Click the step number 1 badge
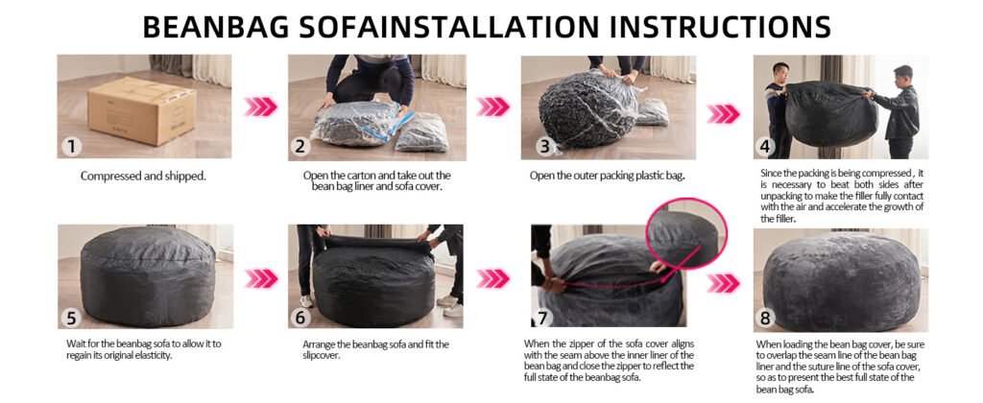click(71, 147)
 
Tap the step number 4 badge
click(765, 148)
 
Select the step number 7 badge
click(542, 318)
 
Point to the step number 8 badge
click(765, 319)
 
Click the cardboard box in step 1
click(141, 110)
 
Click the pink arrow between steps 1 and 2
click(260, 107)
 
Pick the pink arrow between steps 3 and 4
click(723, 113)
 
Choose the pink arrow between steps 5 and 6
click(261, 278)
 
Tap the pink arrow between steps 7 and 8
click(723, 283)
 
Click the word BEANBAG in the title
click(216, 27)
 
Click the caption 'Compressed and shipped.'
click(143, 177)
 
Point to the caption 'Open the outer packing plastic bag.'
click(607, 177)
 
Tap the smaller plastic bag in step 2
click(422, 131)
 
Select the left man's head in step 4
click(779, 71)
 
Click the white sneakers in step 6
click(449, 304)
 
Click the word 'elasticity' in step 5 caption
click(151, 355)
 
